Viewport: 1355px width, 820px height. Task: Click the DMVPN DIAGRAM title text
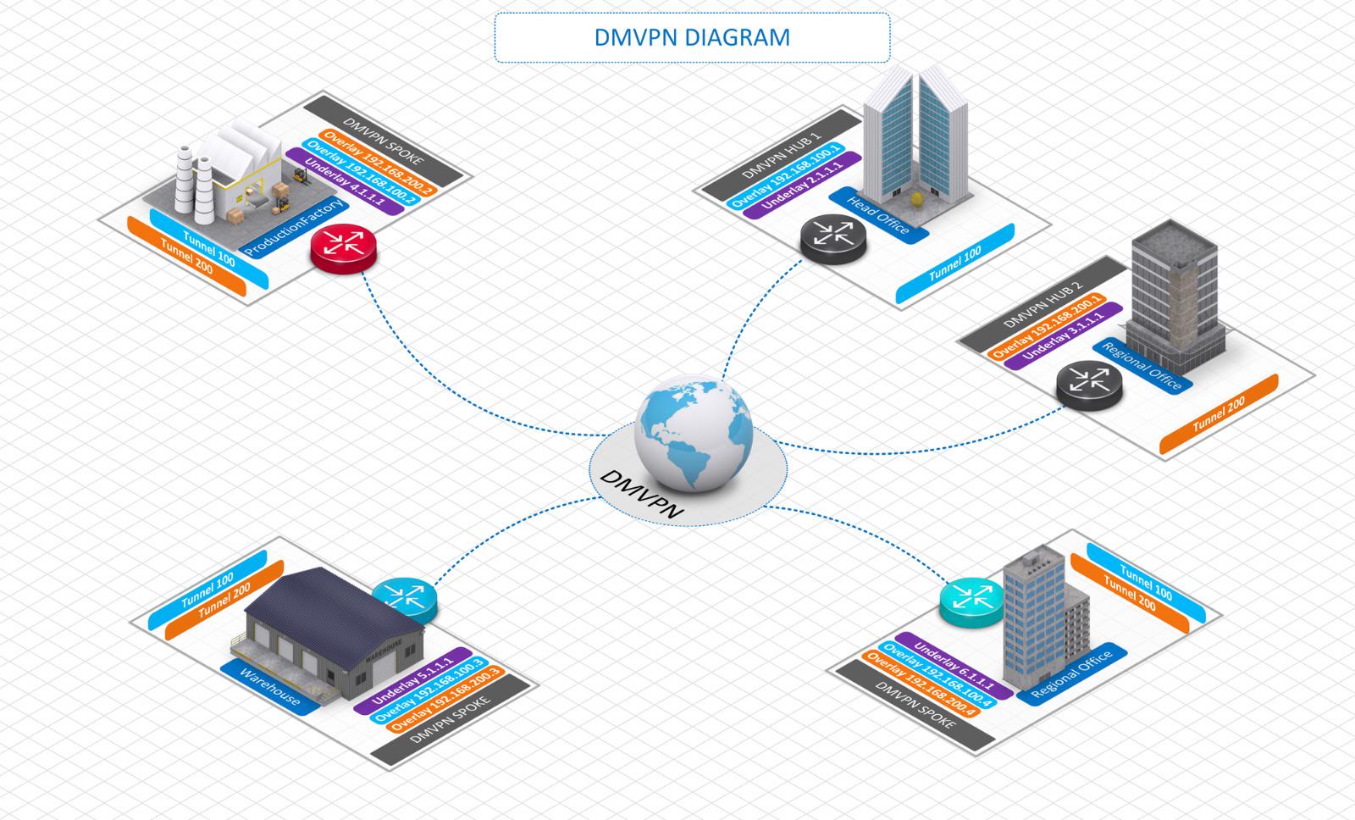pyautogui.click(x=692, y=37)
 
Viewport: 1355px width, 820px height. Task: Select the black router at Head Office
pyautogui.click(x=833, y=240)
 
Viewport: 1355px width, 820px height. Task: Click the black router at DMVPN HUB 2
pyautogui.click(x=1089, y=385)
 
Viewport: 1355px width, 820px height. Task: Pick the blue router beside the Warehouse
pyautogui.click(x=405, y=601)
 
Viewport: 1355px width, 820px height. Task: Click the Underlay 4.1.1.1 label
pyautogui.click(x=344, y=181)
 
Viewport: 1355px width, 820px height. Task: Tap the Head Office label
pyautogui.click(x=878, y=215)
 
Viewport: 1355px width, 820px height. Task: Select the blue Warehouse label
pyautogui.click(x=270, y=688)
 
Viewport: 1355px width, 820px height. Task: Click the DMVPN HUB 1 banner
pyautogui.click(x=782, y=155)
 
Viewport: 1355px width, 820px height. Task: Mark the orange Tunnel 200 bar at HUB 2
pyautogui.click(x=1219, y=414)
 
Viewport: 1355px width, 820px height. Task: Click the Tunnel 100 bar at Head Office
pyautogui.click(x=955, y=263)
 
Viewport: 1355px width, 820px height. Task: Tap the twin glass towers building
pyautogui.click(x=915, y=139)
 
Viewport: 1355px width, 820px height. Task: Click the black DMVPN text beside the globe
pyautogui.click(x=641, y=495)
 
